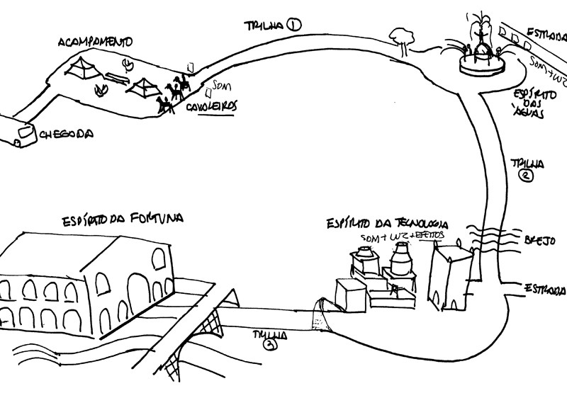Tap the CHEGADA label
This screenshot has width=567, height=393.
pyautogui.click(x=68, y=133)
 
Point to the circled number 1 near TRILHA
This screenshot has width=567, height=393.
pyautogui.click(x=295, y=25)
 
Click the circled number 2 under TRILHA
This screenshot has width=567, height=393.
pyautogui.click(x=525, y=177)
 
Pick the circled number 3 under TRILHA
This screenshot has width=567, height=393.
pyautogui.click(x=269, y=345)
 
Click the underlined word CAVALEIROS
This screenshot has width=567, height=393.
pyautogui.click(x=212, y=106)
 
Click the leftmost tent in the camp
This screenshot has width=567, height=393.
pyautogui.click(x=82, y=69)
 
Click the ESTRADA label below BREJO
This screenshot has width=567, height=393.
pyautogui.click(x=544, y=289)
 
